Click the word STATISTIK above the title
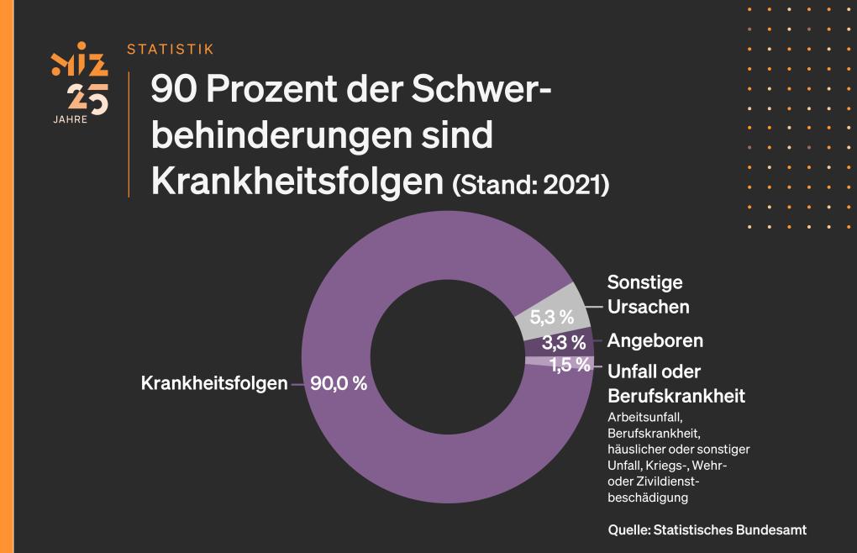click(x=170, y=50)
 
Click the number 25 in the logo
click(x=88, y=99)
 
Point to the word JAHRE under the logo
click(x=69, y=119)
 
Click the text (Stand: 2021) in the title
click(x=530, y=185)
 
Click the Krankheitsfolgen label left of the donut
click(x=213, y=383)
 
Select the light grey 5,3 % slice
click(x=551, y=314)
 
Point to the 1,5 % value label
click(x=570, y=365)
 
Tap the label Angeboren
click(x=655, y=341)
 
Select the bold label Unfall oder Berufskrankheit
click(x=676, y=383)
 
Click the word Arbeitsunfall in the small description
click(x=647, y=417)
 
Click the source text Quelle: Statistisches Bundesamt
click(x=707, y=529)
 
